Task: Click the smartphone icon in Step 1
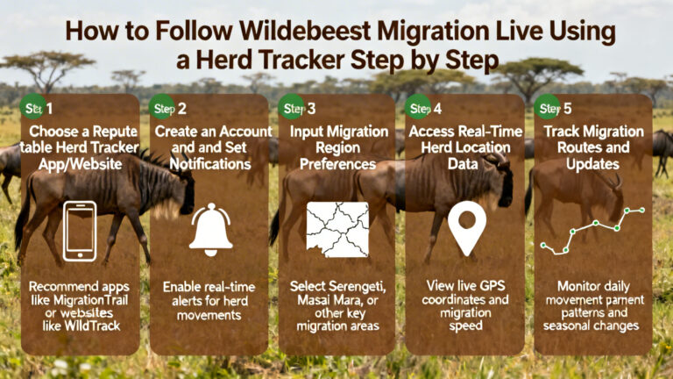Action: tap(80, 230)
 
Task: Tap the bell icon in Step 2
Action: tap(210, 229)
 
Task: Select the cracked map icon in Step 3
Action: tap(337, 230)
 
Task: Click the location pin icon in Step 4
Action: tap(466, 227)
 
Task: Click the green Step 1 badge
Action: tap(32, 108)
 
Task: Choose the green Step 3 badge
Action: tap(291, 108)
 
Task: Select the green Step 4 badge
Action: tap(419, 108)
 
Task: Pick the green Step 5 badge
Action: tap(547, 108)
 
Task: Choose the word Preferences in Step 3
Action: tap(337, 164)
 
